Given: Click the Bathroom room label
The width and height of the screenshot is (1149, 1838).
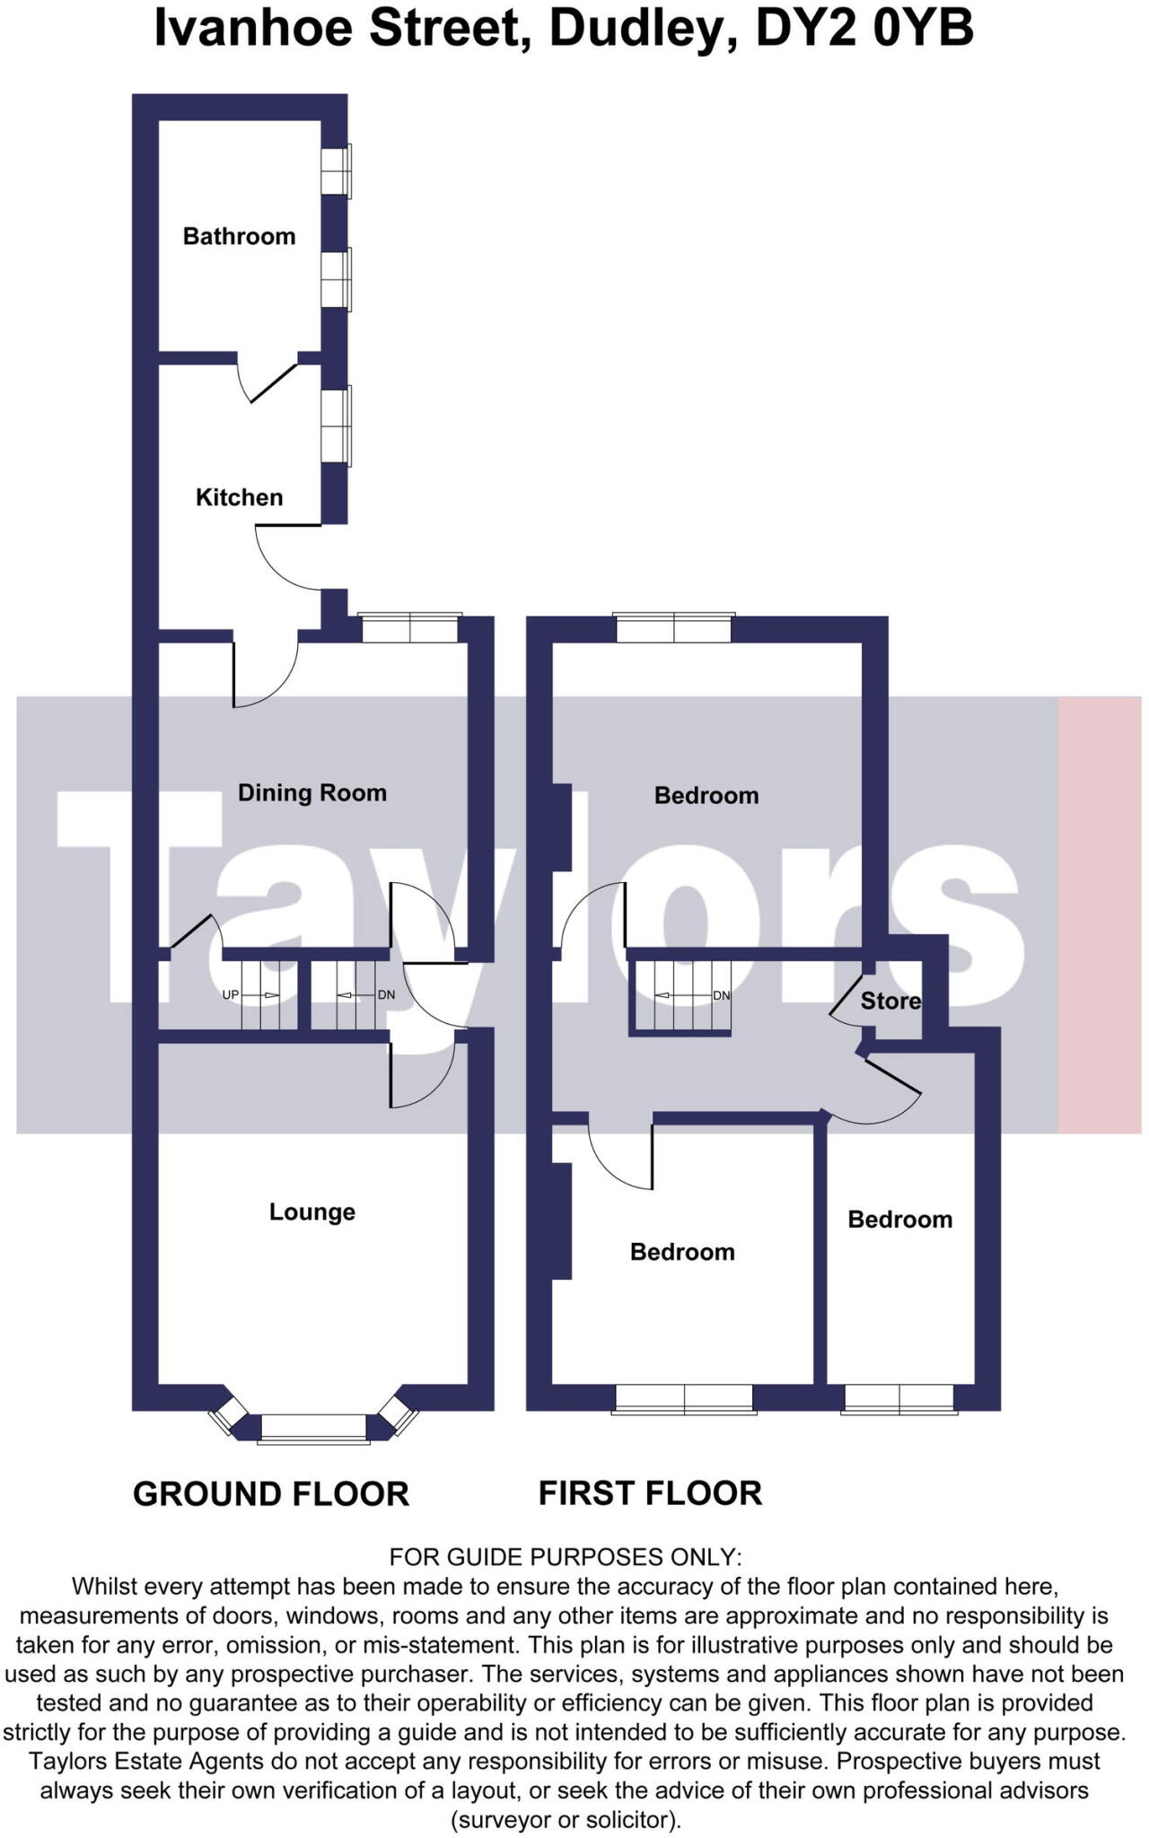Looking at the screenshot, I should (239, 236).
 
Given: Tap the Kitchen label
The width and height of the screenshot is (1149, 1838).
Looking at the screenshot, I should (239, 497).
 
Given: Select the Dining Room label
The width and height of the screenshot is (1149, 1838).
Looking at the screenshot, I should (311, 792).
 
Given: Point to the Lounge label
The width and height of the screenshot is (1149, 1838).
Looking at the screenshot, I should (311, 1212).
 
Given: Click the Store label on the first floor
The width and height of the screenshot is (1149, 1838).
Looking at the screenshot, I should (890, 1001).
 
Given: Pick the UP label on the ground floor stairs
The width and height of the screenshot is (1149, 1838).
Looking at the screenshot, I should (231, 995).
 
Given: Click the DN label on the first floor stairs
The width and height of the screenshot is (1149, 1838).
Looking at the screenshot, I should (721, 995).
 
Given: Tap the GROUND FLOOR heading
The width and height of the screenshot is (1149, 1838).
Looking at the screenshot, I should (270, 1494).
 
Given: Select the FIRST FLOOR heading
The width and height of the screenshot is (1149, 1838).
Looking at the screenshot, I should (650, 1493).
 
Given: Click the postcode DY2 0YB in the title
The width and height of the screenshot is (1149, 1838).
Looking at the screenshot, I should (864, 29).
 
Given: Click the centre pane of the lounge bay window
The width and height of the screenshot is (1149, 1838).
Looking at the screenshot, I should (313, 1427).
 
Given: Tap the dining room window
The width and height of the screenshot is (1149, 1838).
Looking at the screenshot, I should (410, 628).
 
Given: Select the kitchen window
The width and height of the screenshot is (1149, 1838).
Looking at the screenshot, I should (337, 425).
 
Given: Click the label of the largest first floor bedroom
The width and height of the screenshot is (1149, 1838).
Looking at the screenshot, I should (706, 795).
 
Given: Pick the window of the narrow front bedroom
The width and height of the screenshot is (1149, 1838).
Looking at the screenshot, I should (899, 1398).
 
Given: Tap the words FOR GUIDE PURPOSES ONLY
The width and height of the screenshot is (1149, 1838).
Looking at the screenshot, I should (565, 1557).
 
